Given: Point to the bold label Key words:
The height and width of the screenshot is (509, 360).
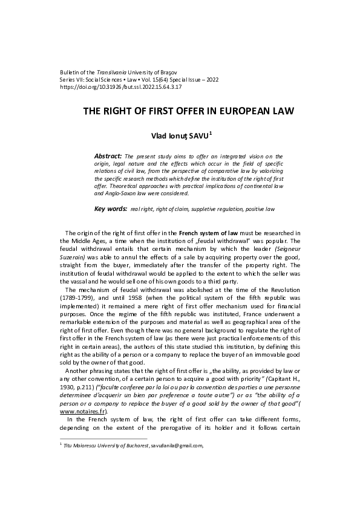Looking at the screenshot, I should tap(111, 209).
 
